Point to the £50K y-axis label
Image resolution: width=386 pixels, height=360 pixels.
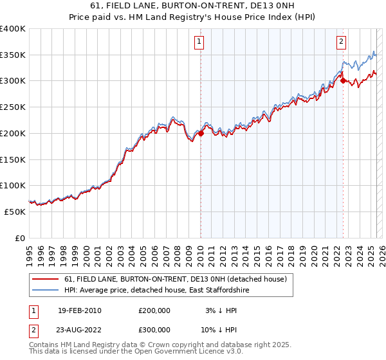14,212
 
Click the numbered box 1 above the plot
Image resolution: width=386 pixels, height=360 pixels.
199,42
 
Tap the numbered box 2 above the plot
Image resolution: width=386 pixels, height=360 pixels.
341,42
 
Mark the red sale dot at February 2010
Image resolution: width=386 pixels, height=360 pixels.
201,133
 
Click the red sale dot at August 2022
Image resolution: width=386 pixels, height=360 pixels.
343,80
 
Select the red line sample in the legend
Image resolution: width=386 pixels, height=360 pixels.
46,278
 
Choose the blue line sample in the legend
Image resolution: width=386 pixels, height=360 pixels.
46,289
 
